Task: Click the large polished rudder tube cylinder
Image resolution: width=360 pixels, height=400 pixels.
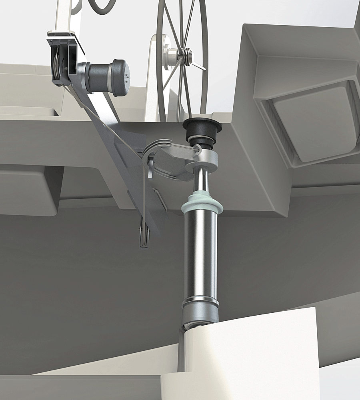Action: [200, 256]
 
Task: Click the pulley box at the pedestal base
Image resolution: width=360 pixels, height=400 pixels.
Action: [62, 60]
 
